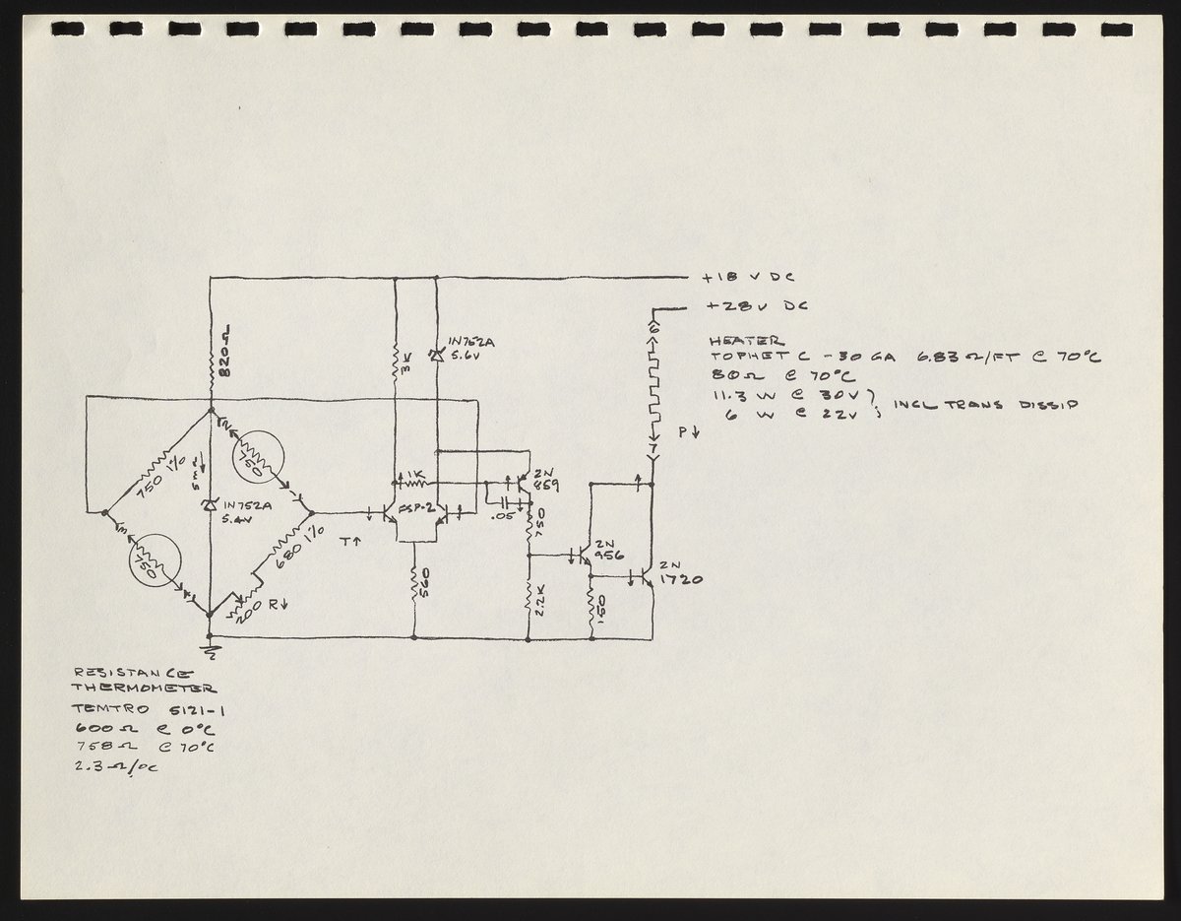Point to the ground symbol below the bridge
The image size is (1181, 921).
(211, 648)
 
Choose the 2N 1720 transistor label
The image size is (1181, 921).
(680, 573)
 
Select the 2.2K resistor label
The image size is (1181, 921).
(540, 602)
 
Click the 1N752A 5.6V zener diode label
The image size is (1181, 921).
(471, 350)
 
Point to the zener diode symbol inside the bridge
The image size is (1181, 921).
(209, 504)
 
